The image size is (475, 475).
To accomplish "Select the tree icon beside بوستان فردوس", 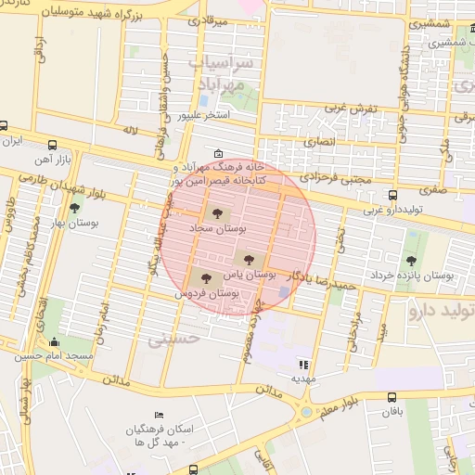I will click(205, 278).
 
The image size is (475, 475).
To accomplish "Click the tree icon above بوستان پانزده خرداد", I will click(411, 261).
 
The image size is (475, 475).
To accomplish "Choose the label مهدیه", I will click(303, 379).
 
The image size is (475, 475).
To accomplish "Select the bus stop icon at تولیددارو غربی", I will click(393, 196).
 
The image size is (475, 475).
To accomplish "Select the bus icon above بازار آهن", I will click(53, 146).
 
